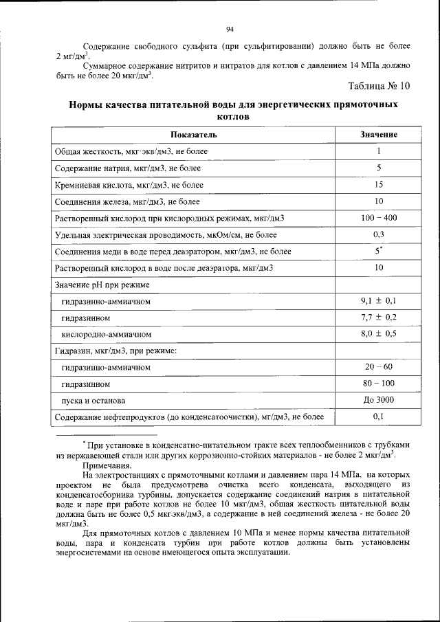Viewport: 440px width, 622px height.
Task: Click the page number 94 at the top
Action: click(230, 29)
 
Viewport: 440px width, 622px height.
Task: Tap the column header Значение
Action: click(379, 134)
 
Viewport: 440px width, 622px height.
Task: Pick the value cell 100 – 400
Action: click(379, 218)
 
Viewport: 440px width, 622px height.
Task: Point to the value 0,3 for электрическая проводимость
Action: click(379, 234)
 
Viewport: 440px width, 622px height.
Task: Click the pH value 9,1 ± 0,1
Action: click(379, 301)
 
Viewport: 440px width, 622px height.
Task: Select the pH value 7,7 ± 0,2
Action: click(379, 318)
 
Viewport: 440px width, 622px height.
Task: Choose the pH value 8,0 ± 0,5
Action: click(379, 334)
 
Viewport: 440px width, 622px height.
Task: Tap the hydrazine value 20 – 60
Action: click(379, 367)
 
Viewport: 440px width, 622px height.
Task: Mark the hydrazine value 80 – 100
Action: click(379, 384)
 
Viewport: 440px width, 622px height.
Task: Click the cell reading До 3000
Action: click(379, 400)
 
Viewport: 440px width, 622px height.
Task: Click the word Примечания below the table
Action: click(108, 465)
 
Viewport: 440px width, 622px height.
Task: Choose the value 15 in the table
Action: click(379, 185)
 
